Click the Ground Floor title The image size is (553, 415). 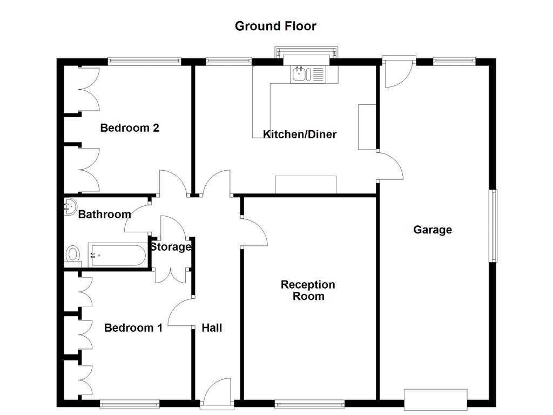(x=275, y=26)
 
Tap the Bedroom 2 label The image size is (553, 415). (x=130, y=128)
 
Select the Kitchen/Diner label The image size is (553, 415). (x=300, y=135)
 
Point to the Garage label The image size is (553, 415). (x=433, y=230)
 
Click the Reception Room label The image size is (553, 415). (x=308, y=290)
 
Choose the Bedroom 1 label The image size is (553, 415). (x=133, y=328)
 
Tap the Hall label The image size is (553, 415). (x=212, y=328)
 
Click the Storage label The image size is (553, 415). (x=171, y=247)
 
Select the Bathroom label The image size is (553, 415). (x=105, y=215)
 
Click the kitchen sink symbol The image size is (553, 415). (x=307, y=74)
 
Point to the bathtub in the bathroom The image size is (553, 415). (x=117, y=255)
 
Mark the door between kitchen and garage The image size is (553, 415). (x=390, y=165)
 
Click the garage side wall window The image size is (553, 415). (x=494, y=226)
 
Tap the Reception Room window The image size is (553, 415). (x=309, y=403)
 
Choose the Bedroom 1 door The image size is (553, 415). (x=181, y=312)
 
